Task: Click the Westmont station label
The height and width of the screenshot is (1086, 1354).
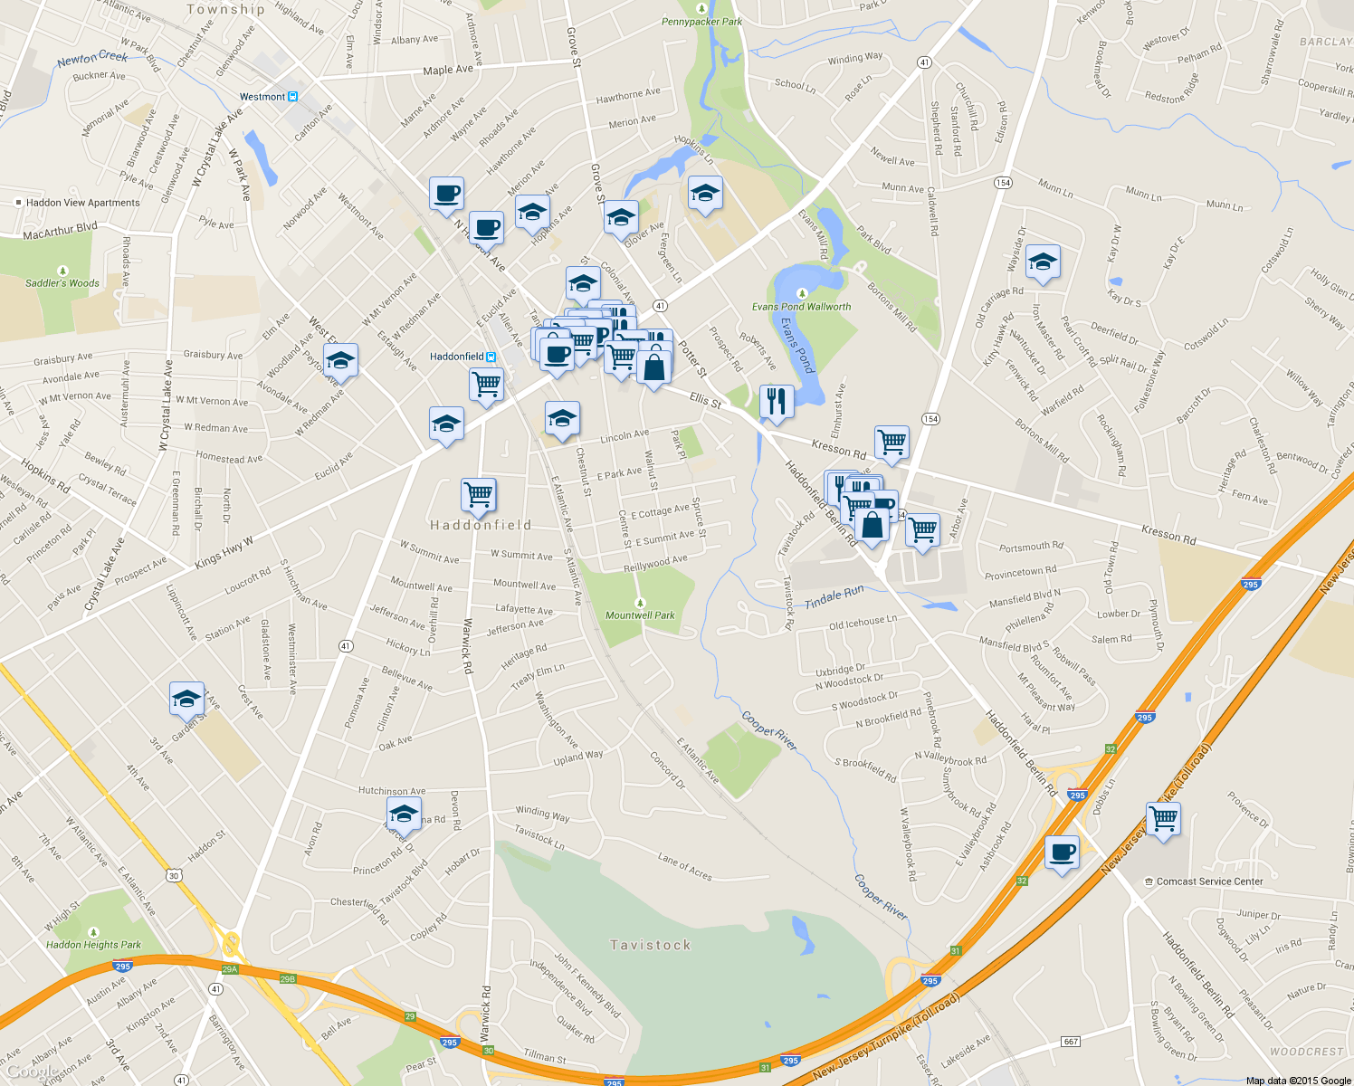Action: coord(262,97)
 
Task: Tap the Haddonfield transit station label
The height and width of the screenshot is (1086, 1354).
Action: coord(457,357)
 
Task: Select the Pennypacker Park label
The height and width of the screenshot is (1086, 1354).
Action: coord(701,22)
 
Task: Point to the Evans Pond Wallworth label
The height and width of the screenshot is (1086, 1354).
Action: coord(801,307)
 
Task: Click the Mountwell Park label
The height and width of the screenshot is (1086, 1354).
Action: coord(640,615)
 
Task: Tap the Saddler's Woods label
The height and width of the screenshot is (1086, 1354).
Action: coord(62,283)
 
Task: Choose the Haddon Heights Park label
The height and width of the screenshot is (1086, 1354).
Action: coord(93,945)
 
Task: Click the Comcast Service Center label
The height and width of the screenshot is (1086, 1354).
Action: coord(1209,881)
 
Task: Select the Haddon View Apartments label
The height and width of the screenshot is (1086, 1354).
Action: coord(82,203)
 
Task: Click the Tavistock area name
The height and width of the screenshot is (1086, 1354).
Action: coord(650,945)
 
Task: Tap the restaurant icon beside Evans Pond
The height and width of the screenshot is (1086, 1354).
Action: coord(776,401)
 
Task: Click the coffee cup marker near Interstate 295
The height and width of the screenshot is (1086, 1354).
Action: coord(1062,852)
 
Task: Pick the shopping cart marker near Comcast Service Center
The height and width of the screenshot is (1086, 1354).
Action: coord(1163,818)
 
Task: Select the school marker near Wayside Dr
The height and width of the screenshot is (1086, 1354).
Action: coord(1043,263)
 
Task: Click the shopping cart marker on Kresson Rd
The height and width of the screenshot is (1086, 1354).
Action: coord(892,443)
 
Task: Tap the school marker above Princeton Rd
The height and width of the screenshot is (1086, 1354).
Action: coord(403,812)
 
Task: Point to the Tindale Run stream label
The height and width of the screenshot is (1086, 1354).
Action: coord(834,596)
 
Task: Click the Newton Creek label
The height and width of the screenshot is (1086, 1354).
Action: coord(92,58)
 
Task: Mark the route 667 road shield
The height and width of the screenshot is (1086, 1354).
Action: coord(1071,1042)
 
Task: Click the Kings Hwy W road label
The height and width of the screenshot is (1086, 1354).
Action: coord(224,553)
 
